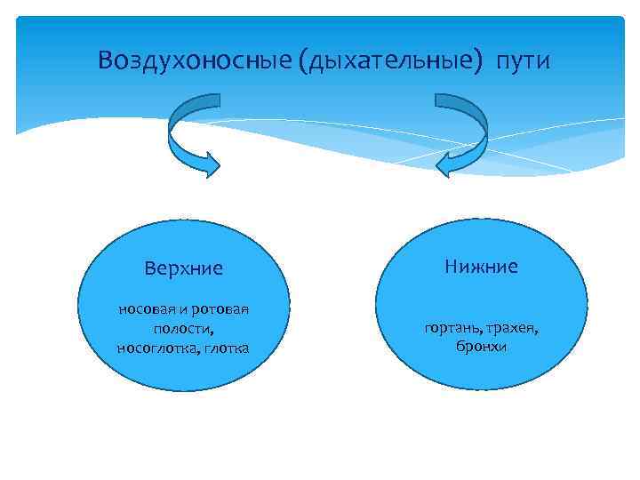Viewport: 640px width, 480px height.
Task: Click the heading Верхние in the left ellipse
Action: pyautogui.click(x=184, y=268)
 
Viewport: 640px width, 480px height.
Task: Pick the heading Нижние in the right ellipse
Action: pyautogui.click(x=481, y=266)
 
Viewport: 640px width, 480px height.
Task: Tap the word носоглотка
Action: pyautogui.click(x=156, y=347)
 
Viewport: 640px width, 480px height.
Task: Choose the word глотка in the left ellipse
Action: pyautogui.click(x=226, y=347)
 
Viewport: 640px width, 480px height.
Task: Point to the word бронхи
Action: pyautogui.click(x=481, y=347)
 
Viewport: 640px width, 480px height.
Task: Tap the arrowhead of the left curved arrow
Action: pyautogui.click(x=208, y=164)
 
